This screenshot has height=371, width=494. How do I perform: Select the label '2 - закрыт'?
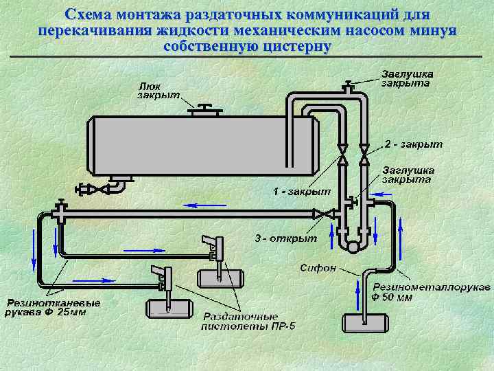(413, 145)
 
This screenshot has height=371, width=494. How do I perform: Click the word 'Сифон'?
(318, 267)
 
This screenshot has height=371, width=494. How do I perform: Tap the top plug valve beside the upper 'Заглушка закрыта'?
(349, 87)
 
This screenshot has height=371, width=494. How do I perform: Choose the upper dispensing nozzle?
(213, 245)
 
